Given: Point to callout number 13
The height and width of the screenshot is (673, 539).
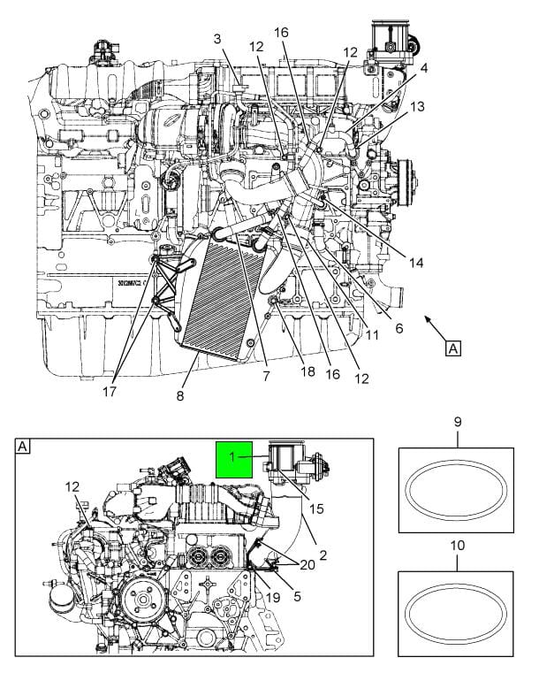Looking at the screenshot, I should pos(417,106).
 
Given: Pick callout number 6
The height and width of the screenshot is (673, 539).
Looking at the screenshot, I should pos(399,328).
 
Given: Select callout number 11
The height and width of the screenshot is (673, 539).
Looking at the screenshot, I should pos(373,335).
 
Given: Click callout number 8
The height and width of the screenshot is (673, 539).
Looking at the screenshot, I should pos(180,396).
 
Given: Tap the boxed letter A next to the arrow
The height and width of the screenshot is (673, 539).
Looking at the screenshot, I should pos(453,348).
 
